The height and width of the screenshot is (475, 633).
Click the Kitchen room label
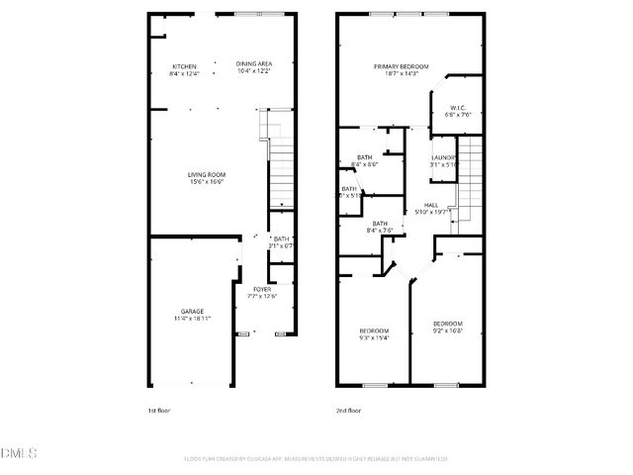point(184,65)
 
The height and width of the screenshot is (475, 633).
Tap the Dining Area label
point(254,64)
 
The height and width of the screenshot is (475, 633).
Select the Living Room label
point(207,175)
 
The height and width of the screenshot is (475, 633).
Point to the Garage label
point(192,311)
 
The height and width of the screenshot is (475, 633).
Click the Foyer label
point(261,288)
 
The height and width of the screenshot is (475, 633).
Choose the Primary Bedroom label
point(396,66)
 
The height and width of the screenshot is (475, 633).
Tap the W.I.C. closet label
point(458,107)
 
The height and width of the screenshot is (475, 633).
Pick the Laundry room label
point(443,157)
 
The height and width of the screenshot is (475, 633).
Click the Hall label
point(431,204)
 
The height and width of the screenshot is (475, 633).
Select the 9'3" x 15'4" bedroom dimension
point(374,337)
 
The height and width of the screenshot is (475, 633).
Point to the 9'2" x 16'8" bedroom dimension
point(447,332)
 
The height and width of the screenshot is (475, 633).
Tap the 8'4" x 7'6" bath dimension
point(380,230)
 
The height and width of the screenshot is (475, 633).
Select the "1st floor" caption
point(158,410)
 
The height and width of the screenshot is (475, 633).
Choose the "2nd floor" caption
point(347,410)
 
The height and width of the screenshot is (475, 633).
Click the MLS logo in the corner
point(18,453)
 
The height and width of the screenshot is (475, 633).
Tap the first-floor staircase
point(281,158)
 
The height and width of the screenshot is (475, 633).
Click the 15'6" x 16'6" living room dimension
point(207,182)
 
